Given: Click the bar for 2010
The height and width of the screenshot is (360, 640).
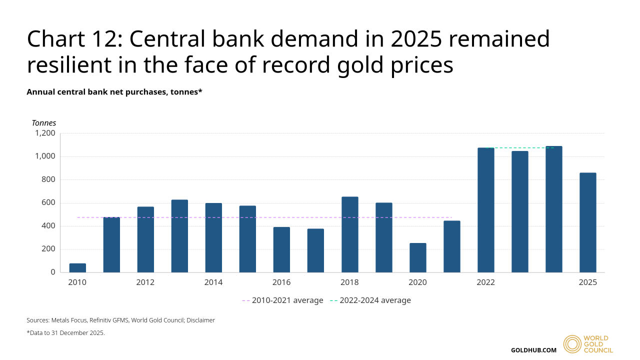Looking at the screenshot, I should click(x=77, y=268).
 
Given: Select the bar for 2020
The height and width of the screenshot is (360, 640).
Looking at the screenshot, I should click(x=417, y=258).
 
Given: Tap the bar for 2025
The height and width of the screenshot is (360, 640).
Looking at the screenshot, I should click(x=587, y=222).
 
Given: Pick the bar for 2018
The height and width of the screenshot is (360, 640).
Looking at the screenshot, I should click(x=349, y=234).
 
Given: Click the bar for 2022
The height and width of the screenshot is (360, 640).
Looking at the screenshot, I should click(x=485, y=210).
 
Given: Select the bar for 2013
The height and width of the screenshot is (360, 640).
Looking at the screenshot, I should click(x=179, y=236).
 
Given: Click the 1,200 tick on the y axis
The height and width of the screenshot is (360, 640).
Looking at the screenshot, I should click(x=44, y=133).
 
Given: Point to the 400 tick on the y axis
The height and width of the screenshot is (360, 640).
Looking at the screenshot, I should click(x=48, y=226).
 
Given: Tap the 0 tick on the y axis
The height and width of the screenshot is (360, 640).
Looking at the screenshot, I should click(x=52, y=272).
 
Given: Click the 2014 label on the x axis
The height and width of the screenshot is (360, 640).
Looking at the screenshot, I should click(x=213, y=282).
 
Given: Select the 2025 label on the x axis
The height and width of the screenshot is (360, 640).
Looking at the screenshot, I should click(x=587, y=282).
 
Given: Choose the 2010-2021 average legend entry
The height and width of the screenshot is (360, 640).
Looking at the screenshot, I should click(x=282, y=300).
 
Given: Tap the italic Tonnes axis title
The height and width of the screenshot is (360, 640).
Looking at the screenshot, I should click(x=44, y=123).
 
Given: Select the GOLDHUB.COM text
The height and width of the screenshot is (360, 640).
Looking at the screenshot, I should click(x=533, y=350).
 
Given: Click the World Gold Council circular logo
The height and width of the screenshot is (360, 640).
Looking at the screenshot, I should click(x=572, y=344).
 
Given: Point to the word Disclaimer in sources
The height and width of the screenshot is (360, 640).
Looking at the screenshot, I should click(x=200, y=320).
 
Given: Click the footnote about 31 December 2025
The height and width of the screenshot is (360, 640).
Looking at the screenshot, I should click(x=65, y=333).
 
